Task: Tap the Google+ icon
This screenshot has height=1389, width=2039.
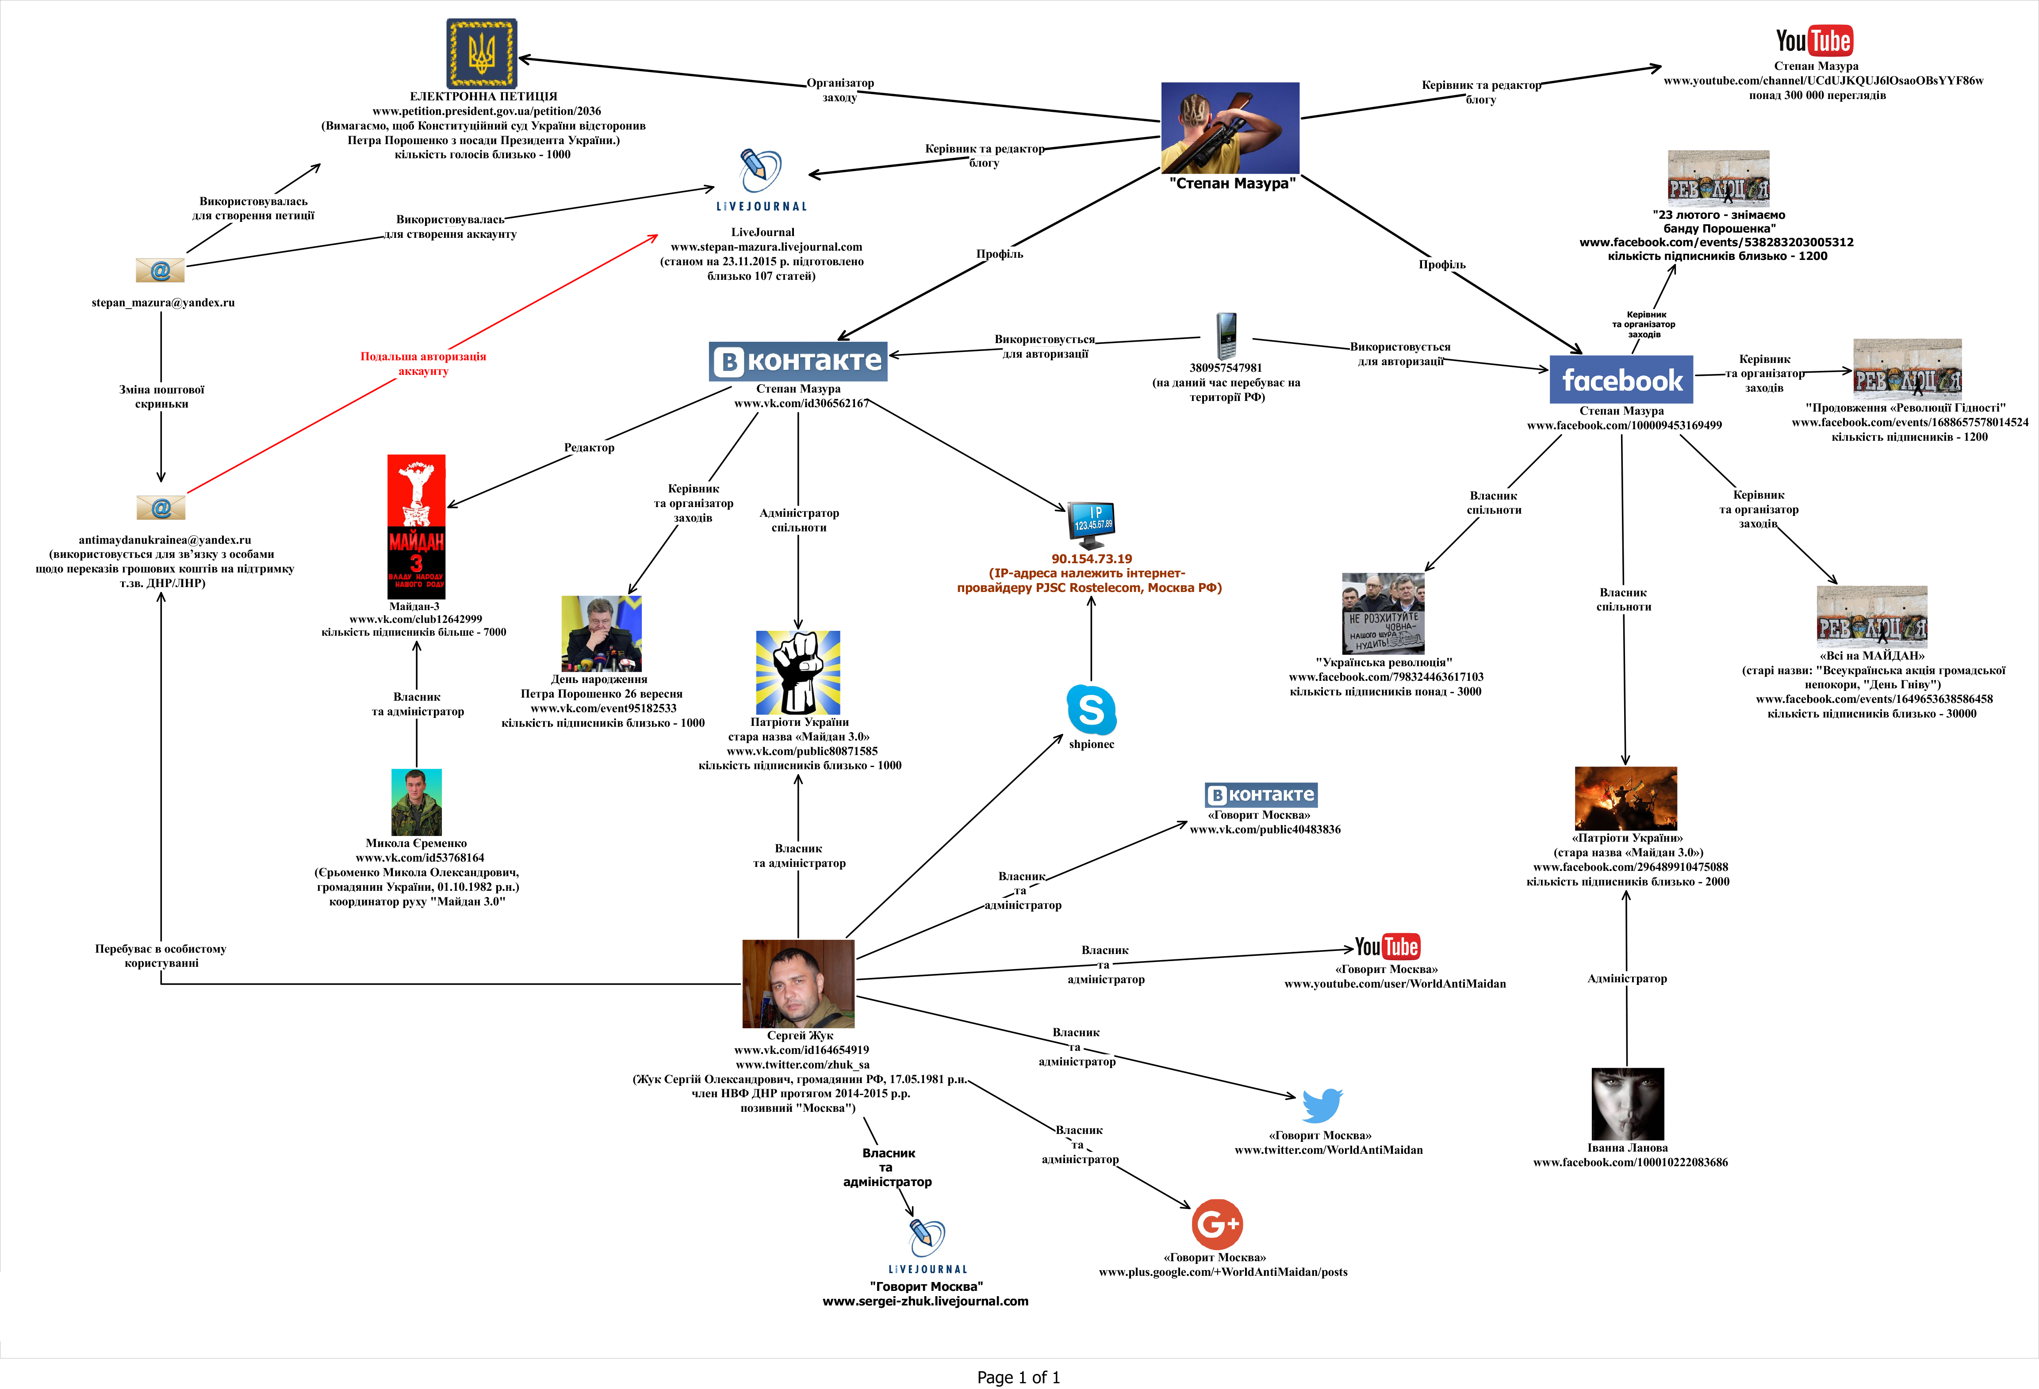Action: tap(1217, 1224)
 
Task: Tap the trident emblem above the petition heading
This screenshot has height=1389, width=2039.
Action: tap(482, 53)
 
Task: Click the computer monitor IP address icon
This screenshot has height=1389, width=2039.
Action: tap(1092, 523)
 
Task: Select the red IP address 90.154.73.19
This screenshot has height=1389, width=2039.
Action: tap(1092, 559)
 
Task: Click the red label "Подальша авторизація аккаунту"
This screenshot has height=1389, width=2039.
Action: tap(423, 363)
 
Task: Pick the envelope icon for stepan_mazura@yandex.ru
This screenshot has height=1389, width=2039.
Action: tap(161, 270)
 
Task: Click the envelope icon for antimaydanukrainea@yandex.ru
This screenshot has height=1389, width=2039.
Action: tap(161, 507)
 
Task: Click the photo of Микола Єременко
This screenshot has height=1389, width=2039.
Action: tap(416, 801)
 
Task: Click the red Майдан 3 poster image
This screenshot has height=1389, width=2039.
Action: tap(416, 526)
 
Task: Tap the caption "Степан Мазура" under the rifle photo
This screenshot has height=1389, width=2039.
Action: tap(1232, 183)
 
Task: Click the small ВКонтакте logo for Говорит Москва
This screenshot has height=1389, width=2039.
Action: tap(1261, 794)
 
